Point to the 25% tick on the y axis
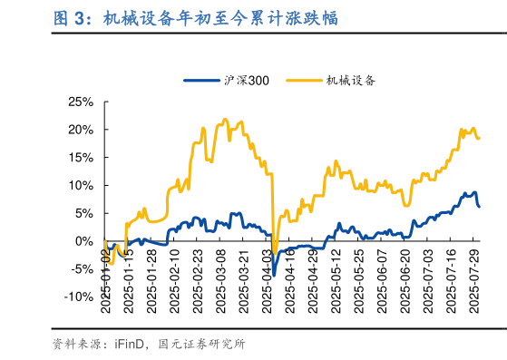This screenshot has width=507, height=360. (x=80, y=102)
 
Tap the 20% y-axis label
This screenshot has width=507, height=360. (x=80, y=130)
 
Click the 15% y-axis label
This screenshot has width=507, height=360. (x=80, y=158)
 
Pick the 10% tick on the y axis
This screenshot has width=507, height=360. (x=80, y=185)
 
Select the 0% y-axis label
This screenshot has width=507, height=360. (x=83, y=241)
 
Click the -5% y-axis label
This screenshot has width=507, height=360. (x=80, y=269)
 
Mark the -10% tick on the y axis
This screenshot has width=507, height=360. (x=78, y=297)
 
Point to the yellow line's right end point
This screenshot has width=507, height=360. (x=479, y=138)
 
